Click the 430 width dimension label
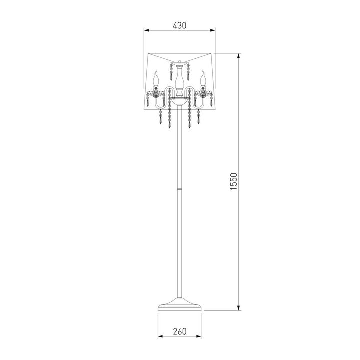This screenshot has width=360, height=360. coord(180,25)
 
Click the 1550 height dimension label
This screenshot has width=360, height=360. coord(233,181)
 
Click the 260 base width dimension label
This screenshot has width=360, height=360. coord(180,332)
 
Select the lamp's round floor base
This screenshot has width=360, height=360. coord(180,304)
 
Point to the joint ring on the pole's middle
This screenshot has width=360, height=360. coord(180,189)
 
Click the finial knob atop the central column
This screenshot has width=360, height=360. coord(180,62)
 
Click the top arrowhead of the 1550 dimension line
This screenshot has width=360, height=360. coord(239,56)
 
